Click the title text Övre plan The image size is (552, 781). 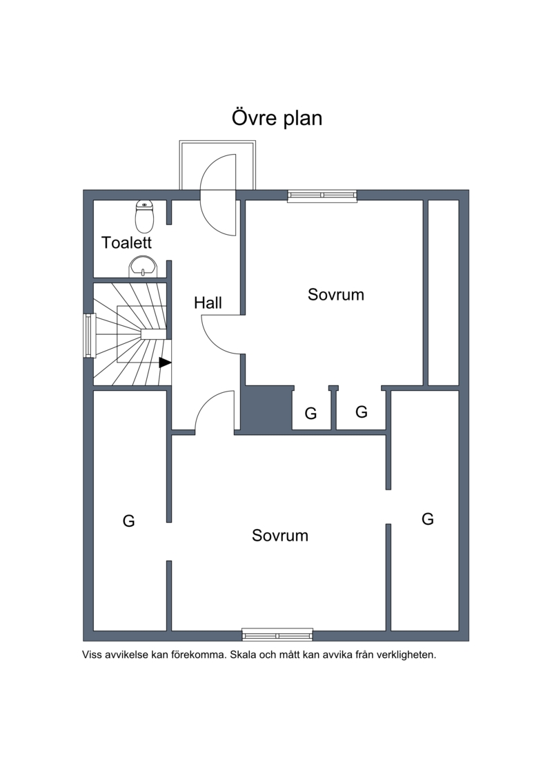277,118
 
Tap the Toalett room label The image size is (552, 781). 126,242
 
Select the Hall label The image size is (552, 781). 208,303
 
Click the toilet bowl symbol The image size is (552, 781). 144,217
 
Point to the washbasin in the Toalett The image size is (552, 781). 144,267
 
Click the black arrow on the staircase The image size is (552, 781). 165,363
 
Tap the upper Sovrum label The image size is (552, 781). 335,294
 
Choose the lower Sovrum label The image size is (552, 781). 279,535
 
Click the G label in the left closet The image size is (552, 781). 128,521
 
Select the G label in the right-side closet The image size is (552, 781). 428,519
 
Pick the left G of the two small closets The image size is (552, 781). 310,414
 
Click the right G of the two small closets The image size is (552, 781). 362,412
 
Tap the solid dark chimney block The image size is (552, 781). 266,407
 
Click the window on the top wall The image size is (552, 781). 322,195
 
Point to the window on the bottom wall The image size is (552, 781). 277,635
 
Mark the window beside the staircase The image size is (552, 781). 89,335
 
